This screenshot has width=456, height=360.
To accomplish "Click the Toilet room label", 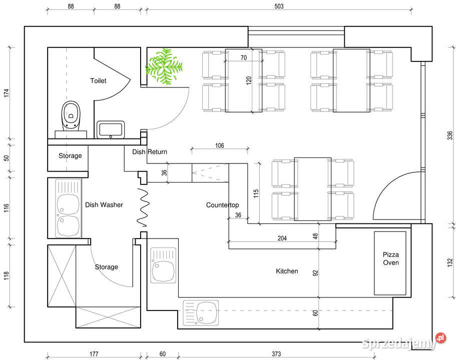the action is click(98, 81).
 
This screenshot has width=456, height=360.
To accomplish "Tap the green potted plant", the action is click(164, 66).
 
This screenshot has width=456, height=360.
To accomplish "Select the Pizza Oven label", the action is click(390, 258).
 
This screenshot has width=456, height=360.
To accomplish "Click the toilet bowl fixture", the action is click(71, 116).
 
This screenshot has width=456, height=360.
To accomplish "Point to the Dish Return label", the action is click(150, 151).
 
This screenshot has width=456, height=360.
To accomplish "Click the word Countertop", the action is click(222, 205).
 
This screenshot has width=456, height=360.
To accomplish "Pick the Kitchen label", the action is click(287, 271).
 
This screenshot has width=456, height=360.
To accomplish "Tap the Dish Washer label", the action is click(104, 205).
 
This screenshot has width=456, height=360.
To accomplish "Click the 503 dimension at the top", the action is click(279, 6).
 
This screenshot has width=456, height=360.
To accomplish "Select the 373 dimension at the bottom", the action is click(276, 353).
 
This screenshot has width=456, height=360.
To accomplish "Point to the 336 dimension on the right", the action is click(450, 135).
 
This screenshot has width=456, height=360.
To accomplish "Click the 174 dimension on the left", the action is click(7, 93).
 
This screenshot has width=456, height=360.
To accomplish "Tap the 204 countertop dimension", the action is click(282, 238).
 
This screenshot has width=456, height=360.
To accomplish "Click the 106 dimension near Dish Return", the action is click(220, 145).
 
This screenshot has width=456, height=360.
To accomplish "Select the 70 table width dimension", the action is click(244, 57).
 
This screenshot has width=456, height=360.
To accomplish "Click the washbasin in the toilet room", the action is click(111, 129).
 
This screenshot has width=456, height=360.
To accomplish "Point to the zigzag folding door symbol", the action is click(143, 207).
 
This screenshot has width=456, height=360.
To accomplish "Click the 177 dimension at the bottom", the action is click(94, 353).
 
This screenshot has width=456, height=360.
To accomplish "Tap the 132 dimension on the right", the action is click(450, 263).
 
